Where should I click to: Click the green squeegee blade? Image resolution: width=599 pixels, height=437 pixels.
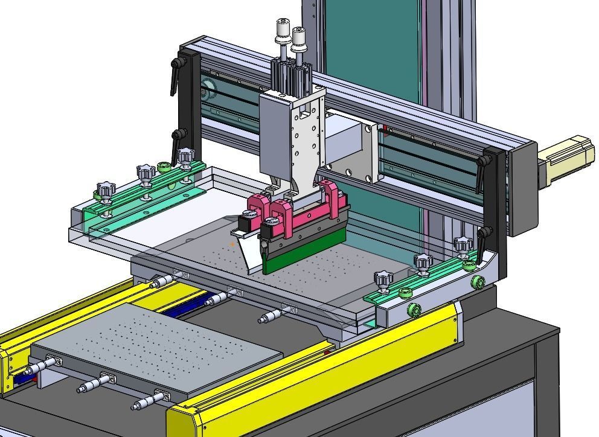pos(302,256)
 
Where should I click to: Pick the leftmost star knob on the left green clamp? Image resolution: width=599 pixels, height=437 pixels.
pos(105,193)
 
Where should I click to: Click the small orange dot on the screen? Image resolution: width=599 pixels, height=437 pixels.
pos(233,244)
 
